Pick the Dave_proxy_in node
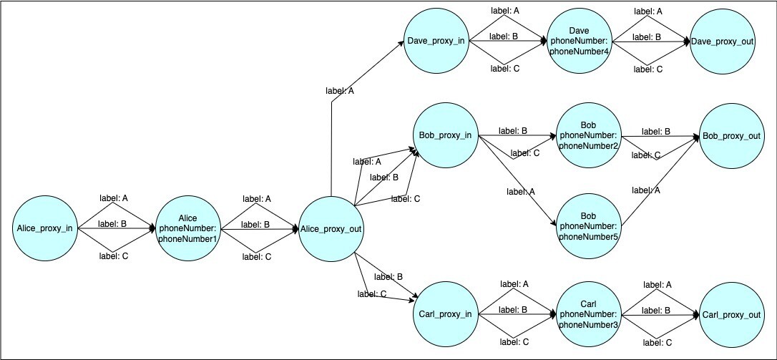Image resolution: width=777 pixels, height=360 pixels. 436,41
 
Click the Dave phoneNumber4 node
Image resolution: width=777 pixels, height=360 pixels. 578,41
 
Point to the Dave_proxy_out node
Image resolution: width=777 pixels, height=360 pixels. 723,41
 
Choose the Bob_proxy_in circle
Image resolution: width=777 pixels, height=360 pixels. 445,135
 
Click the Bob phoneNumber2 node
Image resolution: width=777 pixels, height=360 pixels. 587,135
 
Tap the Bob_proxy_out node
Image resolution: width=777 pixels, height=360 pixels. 731,135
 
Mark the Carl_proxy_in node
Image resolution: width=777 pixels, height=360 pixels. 445,314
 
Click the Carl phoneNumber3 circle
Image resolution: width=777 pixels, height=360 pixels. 587,314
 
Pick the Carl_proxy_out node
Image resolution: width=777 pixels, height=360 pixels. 731,314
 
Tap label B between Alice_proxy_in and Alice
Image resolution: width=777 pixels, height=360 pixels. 113,224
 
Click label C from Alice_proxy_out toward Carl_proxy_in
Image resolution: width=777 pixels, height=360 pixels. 373,293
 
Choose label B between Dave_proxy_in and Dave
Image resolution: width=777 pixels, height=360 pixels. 504,36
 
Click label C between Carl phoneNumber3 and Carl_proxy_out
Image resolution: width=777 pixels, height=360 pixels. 658,342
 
